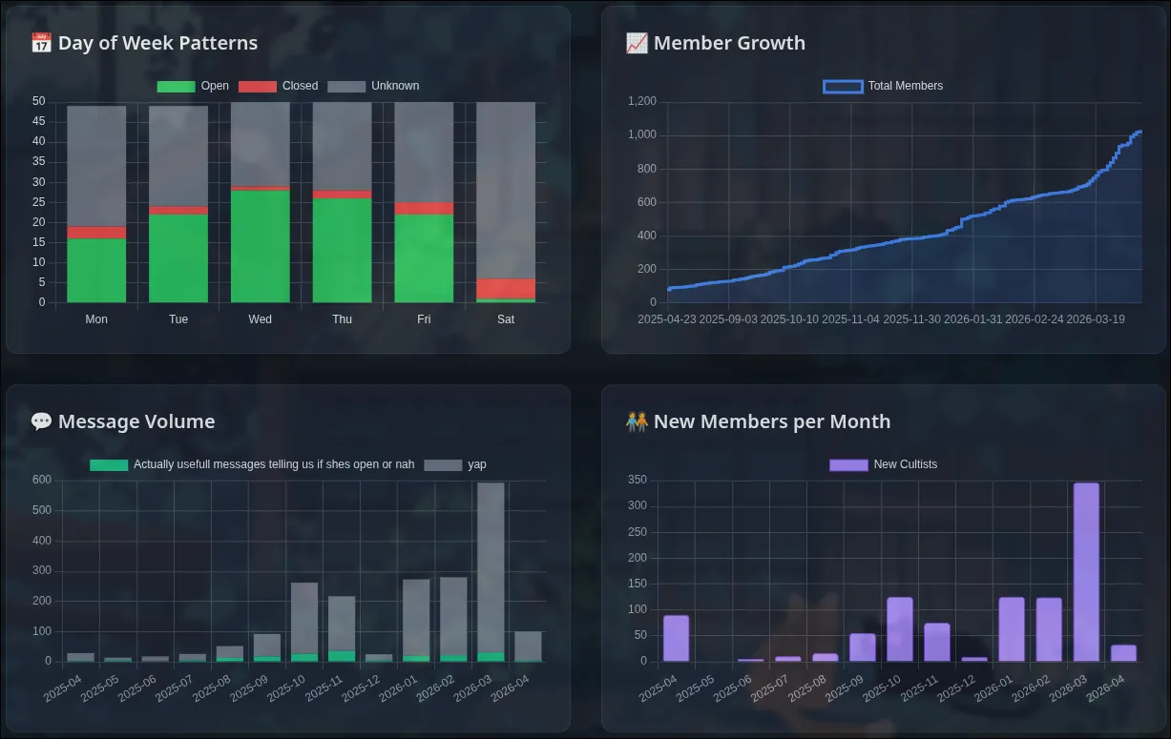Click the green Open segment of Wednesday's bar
pyautogui.click(x=260, y=246)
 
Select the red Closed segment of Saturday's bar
pyautogui.click(x=506, y=289)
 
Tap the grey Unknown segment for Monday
pyautogui.click(x=96, y=166)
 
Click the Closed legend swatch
pyautogui.click(x=257, y=86)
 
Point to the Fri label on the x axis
pyautogui.click(x=424, y=319)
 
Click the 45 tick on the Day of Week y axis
pyautogui.click(x=38, y=121)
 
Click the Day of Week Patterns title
pyautogui.click(x=157, y=43)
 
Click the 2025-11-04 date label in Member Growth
pyautogui.click(x=850, y=319)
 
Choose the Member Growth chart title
pyautogui.click(x=728, y=43)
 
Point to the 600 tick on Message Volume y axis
pyautogui.click(x=41, y=480)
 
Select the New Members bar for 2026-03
pyautogui.click(x=1086, y=572)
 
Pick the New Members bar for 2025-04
pyautogui.click(x=676, y=638)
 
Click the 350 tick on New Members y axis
pyautogui.click(x=638, y=480)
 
